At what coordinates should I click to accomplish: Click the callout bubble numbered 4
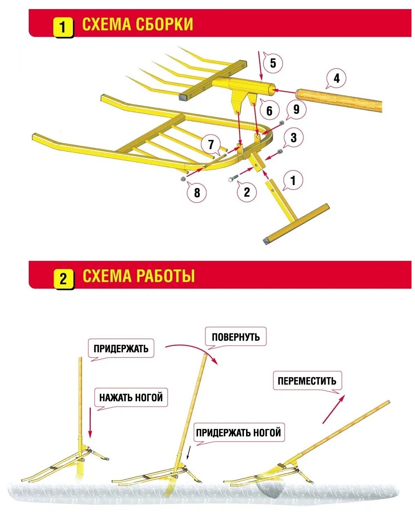pyautogui.click(x=336, y=78)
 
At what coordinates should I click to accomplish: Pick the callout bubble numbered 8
pyautogui.click(x=197, y=192)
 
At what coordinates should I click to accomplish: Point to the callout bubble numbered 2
pyautogui.click(x=247, y=192)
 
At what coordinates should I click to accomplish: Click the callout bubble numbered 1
pyautogui.click(x=293, y=180)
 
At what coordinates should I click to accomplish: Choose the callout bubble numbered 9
pyautogui.click(x=296, y=109)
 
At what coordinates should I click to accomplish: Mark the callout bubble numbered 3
pyautogui.click(x=293, y=137)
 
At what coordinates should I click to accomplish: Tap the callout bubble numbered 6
pyautogui.click(x=269, y=111)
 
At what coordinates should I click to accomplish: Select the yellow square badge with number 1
pyautogui.click(x=63, y=27)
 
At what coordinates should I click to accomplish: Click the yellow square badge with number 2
pyautogui.click(x=63, y=279)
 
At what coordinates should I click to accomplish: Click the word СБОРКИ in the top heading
pyautogui.click(x=164, y=24)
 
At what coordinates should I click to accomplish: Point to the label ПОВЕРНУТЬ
pyautogui.click(x=236, y=337)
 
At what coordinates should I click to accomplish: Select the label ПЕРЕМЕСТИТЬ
pyautogui.click(x=307, y=381)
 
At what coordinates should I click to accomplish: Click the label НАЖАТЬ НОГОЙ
pyautogui.click(x=131, y=398)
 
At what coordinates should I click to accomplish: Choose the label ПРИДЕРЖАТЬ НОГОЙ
pyautogui.click(x=238, y=433)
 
